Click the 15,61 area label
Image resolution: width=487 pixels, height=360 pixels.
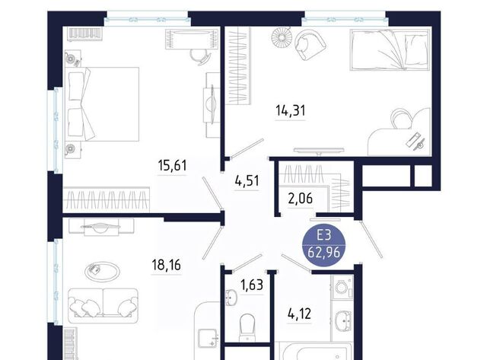[173, 165]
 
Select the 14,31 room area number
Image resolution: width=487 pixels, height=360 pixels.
[291, 110]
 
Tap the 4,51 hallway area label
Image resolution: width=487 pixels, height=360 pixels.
[247, 180]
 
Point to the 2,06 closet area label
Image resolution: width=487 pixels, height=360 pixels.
[301, 198]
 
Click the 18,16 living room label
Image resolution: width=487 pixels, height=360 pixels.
[167, 266]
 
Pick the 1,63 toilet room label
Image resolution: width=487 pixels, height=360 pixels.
[252, 285]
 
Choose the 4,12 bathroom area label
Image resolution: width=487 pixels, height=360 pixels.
[299, 314]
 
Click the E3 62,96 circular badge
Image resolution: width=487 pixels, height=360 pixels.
[324, 246]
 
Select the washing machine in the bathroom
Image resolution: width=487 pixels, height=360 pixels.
[342, 287]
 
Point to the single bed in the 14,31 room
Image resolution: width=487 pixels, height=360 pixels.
[390, 49]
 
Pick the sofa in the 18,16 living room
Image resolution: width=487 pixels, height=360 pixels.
[103, 306]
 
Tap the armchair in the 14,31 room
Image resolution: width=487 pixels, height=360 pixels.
[310, 44]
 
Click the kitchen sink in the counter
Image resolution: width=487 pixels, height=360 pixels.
[208, 339]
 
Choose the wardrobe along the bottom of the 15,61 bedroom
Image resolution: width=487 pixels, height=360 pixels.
[107, 199]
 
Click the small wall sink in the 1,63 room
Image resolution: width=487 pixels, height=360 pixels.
[230, 298]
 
